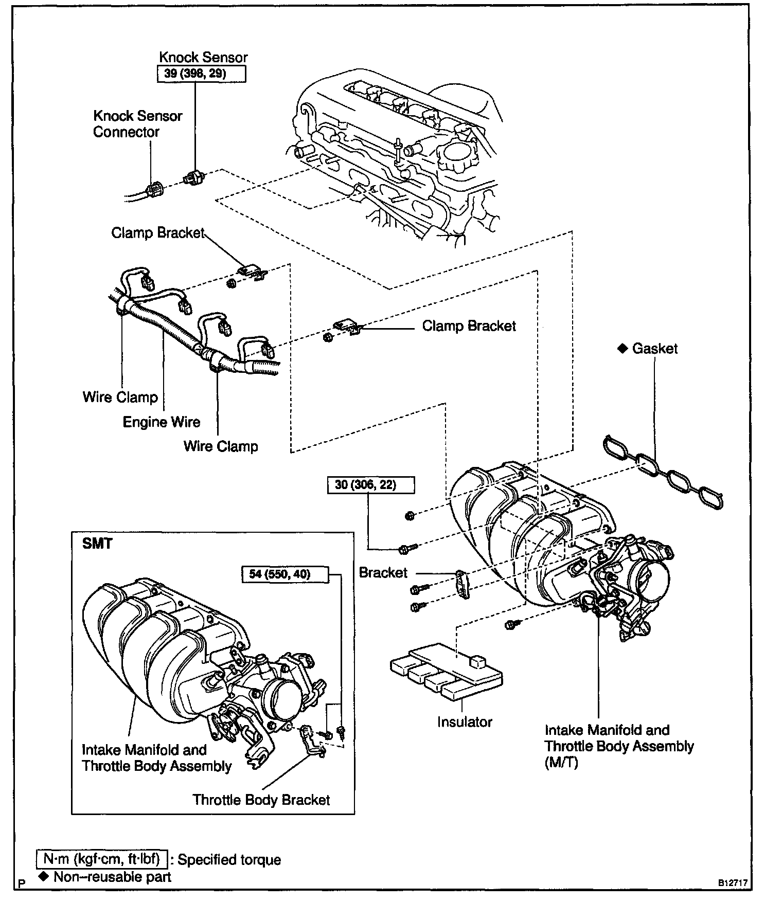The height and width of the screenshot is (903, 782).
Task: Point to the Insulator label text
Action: coord(465,722)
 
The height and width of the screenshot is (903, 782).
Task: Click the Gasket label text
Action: coord(654,349)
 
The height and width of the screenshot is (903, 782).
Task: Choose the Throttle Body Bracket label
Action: coord(261,800)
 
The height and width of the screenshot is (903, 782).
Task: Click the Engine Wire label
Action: coord(161,422)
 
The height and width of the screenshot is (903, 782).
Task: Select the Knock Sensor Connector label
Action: coord(137,124)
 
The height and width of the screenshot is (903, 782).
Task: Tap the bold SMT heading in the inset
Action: coord(97,544)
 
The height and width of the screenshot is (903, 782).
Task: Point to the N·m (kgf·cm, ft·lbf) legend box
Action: coord(102,859)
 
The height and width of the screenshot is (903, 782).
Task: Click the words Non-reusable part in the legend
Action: coord(112,877)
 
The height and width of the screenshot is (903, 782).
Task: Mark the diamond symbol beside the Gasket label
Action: coord(623,349)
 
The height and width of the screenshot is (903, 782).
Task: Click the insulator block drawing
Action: coord(446,670)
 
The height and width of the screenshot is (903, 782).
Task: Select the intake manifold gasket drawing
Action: coord(663,472)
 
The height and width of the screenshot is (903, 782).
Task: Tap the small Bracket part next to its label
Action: coord(462,584)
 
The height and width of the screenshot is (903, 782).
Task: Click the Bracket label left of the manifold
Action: coord(383,573)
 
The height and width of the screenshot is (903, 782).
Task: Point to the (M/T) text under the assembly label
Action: coord(561,763)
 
